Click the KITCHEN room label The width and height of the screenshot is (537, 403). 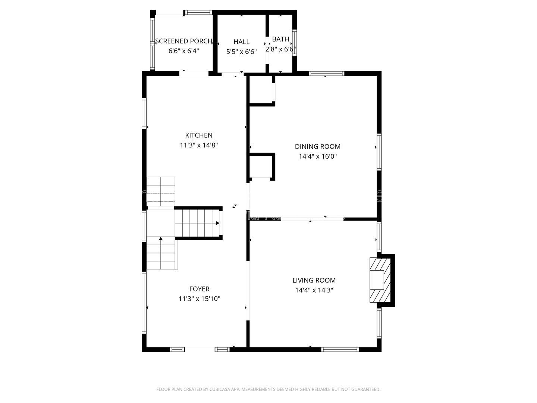click(199, 135)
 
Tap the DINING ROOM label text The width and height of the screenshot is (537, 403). click(317, 147)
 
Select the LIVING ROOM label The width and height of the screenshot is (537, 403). click(314, 280)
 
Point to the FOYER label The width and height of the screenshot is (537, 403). click(199, 289)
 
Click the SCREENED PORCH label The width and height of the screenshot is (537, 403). click(183, 41)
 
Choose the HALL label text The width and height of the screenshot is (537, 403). click(241, 42)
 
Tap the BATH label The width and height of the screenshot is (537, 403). click(280, 39)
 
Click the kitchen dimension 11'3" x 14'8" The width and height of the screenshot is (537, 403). click(199, 145)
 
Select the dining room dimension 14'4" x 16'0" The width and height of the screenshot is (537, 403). click(317, 157)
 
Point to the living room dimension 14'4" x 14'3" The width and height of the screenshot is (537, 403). click(314, 290)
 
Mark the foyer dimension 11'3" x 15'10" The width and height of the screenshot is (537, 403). click(199, 299)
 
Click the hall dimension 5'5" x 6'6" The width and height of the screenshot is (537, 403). click(241, 52)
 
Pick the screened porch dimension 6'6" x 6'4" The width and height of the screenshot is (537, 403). click(183, 51)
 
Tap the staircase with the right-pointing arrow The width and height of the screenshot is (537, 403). click(198, 223)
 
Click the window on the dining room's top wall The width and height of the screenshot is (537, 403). click(326, 74)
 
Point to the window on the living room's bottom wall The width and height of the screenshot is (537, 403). click(340, 350)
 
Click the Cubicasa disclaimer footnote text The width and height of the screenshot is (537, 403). click(268, 390)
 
